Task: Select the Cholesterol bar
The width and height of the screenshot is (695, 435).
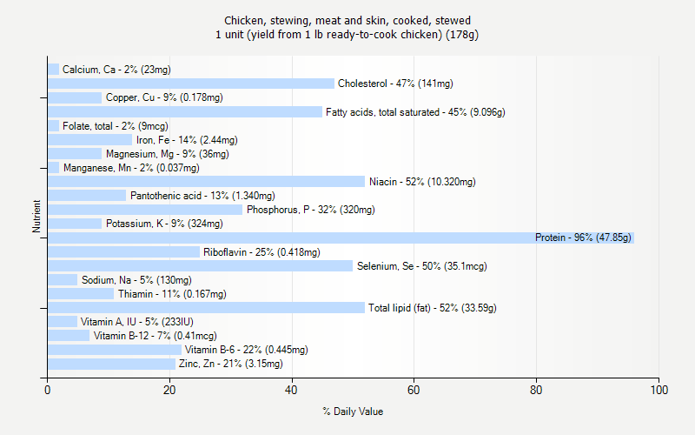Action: tap(190, 84)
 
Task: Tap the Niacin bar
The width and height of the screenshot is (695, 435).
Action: tap(206, 182)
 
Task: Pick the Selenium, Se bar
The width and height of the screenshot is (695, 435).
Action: tap(200, 265)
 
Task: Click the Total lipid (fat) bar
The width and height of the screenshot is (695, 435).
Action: tap(206, 308)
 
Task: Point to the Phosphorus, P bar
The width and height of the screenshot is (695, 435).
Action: tap(145, 210)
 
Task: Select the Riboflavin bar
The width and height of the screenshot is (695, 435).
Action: tap(123, 251)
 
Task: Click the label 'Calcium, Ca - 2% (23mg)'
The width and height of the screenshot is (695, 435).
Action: tap(116, 70)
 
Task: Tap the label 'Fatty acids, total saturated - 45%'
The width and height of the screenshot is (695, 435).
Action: tap(415, 112)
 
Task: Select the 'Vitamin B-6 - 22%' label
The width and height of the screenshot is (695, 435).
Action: tap(246, 350)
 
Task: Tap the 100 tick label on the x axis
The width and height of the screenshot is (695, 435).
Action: tap(659, 390)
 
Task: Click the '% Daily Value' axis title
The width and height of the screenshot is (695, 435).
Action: tap(353, 412)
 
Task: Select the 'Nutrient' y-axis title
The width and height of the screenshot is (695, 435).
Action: tap(36, 217)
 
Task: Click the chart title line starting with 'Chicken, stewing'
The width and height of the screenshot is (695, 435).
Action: tap(347, 20)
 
